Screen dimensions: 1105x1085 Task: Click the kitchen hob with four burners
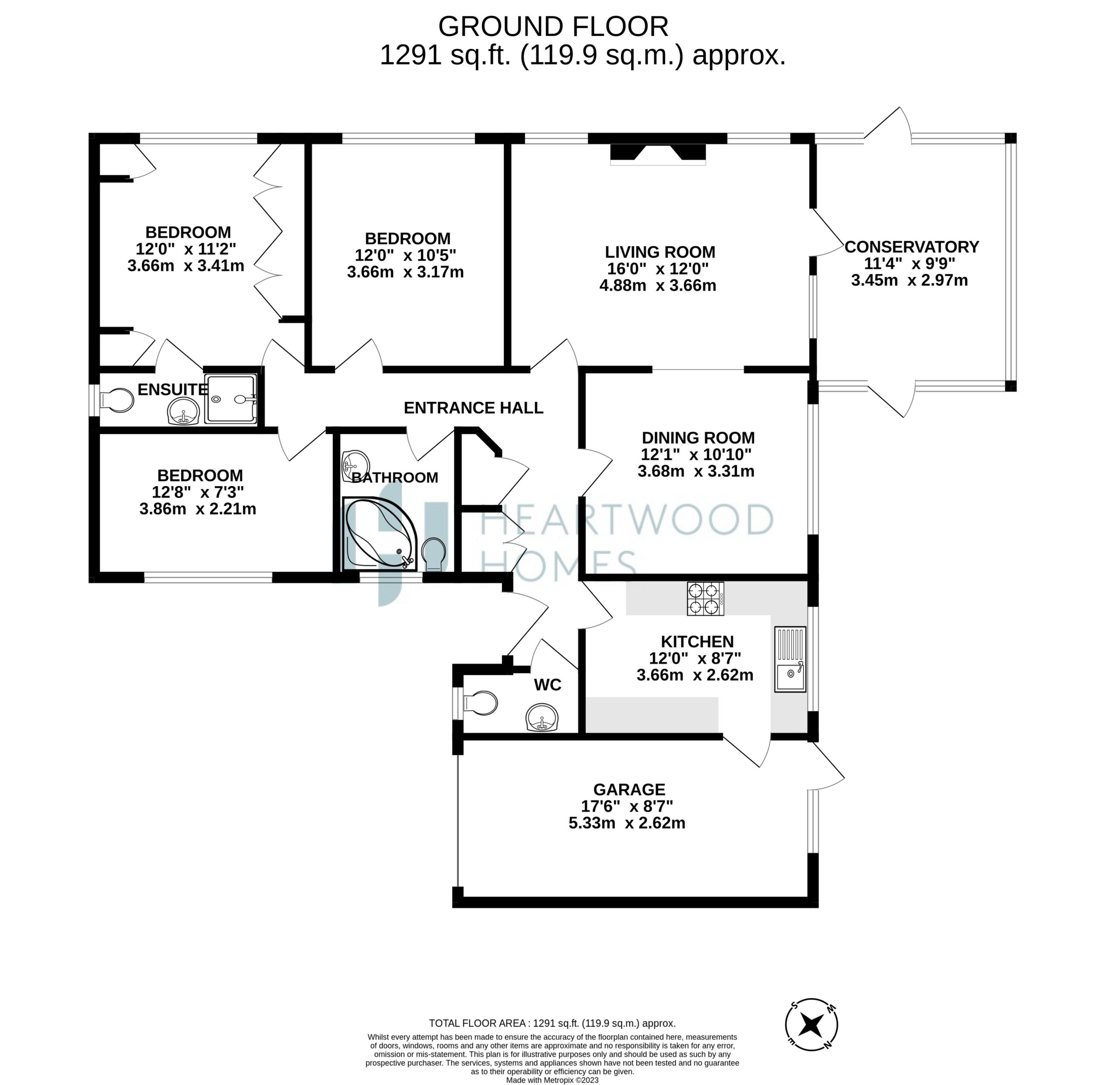706,598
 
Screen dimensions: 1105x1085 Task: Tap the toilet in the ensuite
117,400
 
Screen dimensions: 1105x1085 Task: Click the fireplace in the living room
658,155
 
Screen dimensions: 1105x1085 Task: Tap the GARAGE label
629,789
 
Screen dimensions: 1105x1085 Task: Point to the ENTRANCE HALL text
474,408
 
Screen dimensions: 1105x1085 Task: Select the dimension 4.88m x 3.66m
657,285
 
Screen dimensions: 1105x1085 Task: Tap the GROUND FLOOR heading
553,26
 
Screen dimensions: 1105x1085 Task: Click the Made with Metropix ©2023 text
552,1080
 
